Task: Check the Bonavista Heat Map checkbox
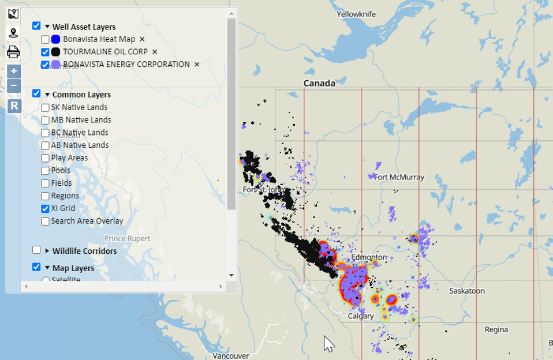(x=45, y=39)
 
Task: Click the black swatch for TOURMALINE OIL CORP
(x=55, y=52)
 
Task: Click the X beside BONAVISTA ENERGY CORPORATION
(x=197, y=65)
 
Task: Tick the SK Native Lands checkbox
(x=45, y=107)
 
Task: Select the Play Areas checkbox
(x=45, y=158)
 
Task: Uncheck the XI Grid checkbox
(x=45, y=209)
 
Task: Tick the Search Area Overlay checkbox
(x=45, y=222)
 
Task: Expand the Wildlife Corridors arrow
(x=47, y=251)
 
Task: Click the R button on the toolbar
(x=14, y=106)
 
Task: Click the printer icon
(x=13, y=52)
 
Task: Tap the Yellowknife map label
(x=356, y=13)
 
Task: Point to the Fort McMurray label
(x=399, y=177)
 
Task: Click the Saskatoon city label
(x=467, y=291)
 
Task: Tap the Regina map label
(x=496, y=329)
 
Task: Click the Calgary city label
(x=361, y=316)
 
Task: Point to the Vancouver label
(x=230, y=356)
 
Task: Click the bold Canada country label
(x=319, y=83)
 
